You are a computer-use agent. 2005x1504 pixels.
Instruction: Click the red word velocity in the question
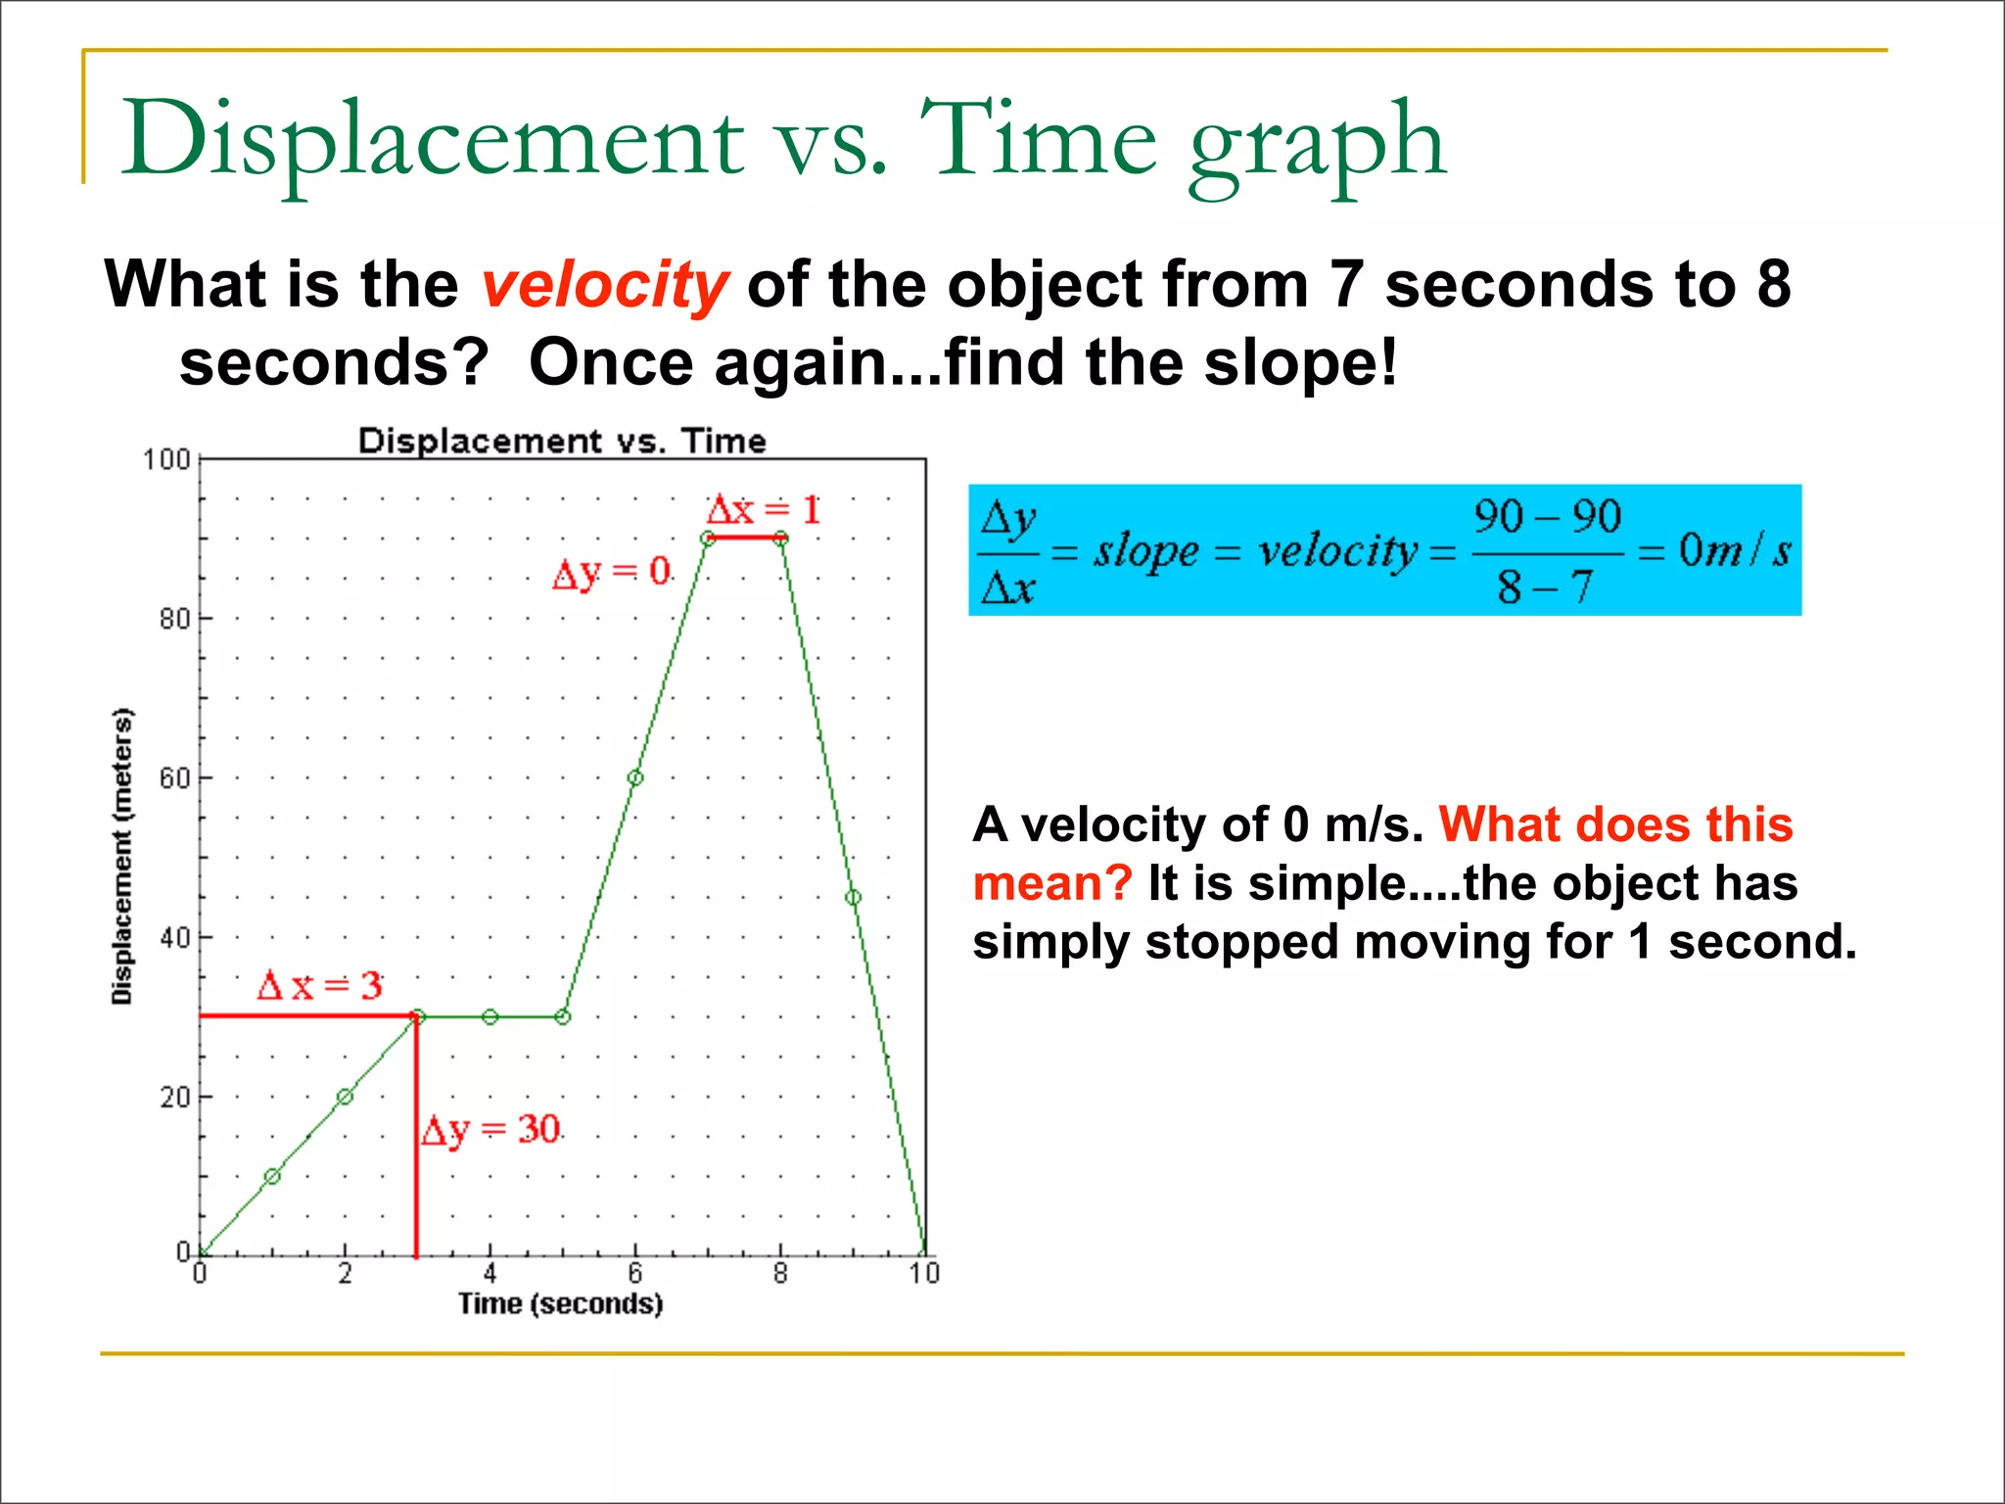[604, 286]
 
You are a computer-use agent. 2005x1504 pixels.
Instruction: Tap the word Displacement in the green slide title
[431, 139]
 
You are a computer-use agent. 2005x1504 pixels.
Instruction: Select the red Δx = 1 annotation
[764, 510]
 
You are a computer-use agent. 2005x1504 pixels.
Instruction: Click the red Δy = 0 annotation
[612, 572]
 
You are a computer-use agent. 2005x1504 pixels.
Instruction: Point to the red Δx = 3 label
[319, 985]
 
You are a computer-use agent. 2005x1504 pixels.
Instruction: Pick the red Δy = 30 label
[490, 1130]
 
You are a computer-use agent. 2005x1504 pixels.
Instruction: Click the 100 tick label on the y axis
[166, 459]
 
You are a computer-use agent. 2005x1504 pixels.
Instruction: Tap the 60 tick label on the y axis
[174, 778]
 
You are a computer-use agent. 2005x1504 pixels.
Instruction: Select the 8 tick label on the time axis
[780, 1274]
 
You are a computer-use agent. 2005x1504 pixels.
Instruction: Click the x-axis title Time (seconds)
[560, 1304]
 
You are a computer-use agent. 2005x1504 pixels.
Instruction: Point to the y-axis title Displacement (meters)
[121, 856]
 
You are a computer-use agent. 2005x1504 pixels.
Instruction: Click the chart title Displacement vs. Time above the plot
[562, 441]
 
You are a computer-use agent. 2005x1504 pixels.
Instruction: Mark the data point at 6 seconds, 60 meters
[635, 778]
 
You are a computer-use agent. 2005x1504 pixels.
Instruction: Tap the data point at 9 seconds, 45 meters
[853, 898]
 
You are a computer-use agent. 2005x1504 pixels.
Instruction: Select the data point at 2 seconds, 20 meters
[345, 1097]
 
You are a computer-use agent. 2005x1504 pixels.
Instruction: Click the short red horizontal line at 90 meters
[744, 538]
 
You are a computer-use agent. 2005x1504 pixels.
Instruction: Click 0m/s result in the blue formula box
[1734, 550]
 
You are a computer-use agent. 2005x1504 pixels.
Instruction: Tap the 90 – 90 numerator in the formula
[1547, 517]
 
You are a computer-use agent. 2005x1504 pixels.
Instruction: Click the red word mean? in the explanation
[1051, 883]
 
